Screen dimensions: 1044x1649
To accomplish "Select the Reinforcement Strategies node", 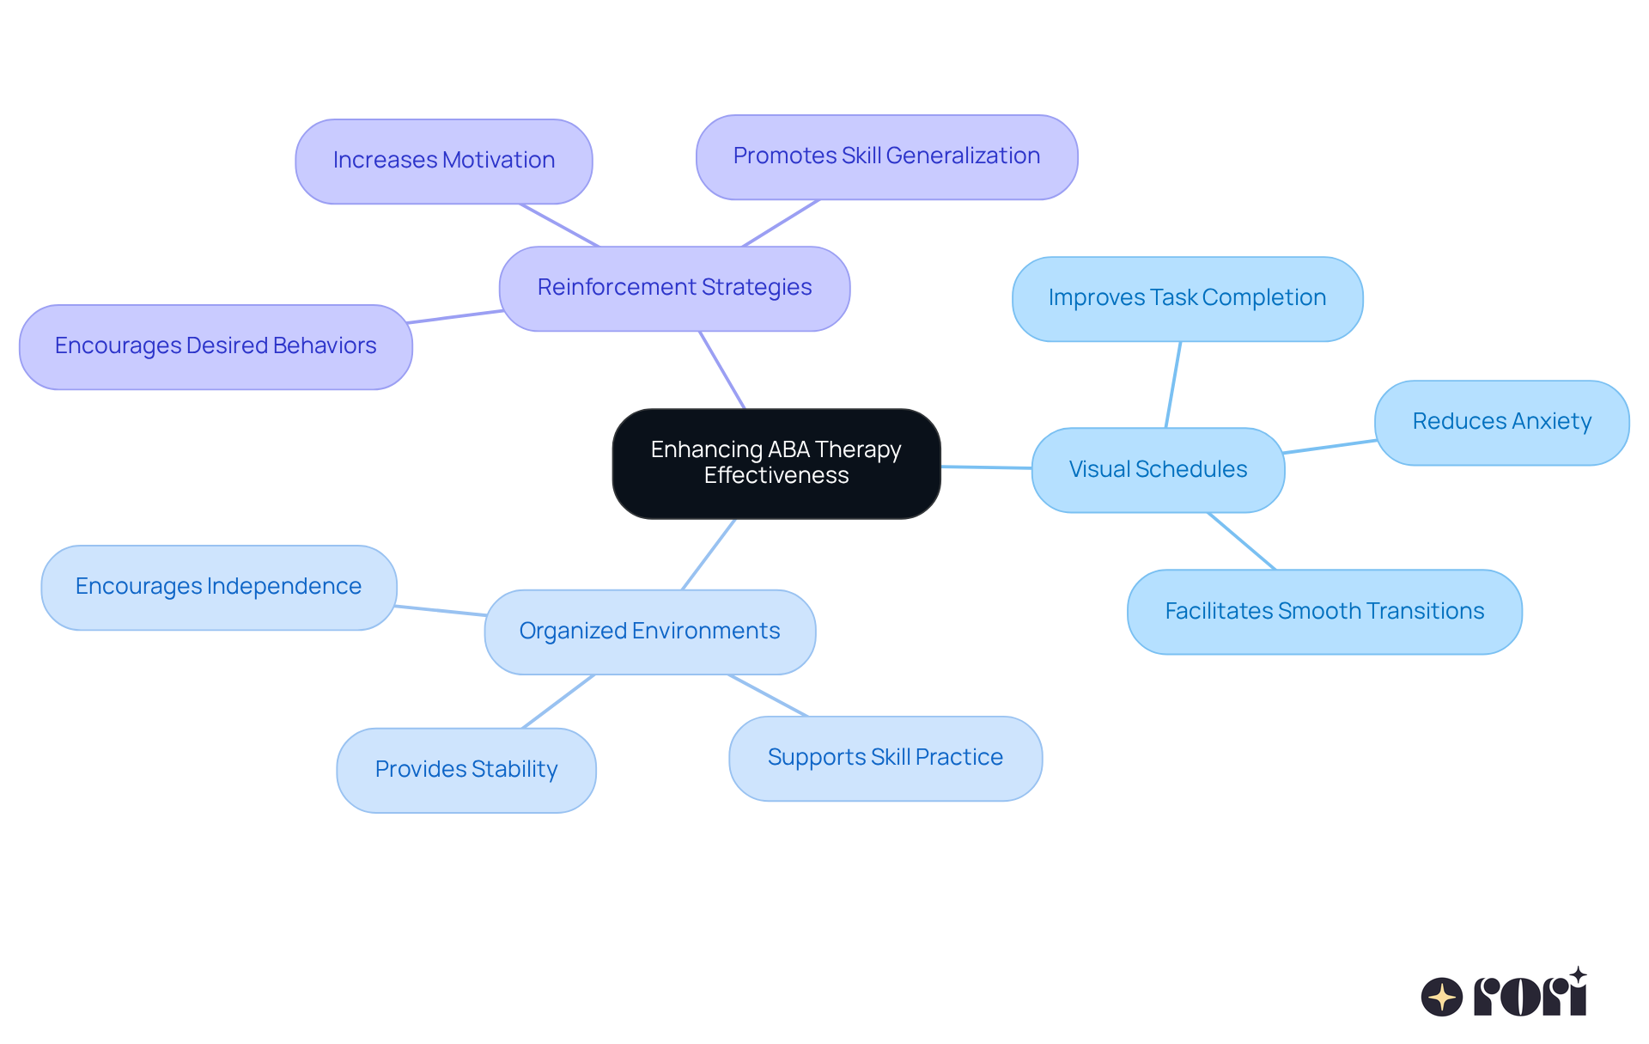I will [x=674, y=288].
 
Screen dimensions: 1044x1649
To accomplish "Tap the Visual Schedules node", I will [x=1158, y=469].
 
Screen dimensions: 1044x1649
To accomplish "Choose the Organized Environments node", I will [x=649, y=632].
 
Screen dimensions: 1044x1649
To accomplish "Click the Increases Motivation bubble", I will [x=443, y=161].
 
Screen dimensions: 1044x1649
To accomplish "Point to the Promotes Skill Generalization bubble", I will [x=886, y=156].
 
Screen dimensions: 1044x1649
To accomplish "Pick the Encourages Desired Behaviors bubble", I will [x=216, y=346].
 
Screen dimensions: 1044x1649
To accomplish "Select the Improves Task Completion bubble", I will [x=1187, y=298].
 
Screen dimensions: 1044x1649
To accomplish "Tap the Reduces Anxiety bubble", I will [x=1501, y=422].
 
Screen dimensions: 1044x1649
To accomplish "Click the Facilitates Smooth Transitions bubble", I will [x=1324, y=611].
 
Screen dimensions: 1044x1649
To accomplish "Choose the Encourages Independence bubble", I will [x=218, y=587].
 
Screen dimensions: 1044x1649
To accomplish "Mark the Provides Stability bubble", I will [x=465, y=770].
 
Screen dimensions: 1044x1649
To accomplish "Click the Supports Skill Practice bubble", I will [x=885, y=758].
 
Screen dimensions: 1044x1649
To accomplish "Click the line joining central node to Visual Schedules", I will [x=986, y=467].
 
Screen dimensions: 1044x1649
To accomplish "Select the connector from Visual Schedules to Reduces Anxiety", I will [x=1330, y=447].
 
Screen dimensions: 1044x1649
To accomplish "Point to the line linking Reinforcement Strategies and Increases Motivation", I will [x=559, y=225].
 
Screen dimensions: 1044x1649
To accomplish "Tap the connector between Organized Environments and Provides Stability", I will [x=558, y=701].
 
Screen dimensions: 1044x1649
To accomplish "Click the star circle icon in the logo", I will [x=1442, y=997].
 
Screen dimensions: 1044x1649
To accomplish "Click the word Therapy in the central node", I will [x=857, y=449].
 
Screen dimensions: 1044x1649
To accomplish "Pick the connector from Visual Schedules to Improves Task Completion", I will [x=1173, y=384].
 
